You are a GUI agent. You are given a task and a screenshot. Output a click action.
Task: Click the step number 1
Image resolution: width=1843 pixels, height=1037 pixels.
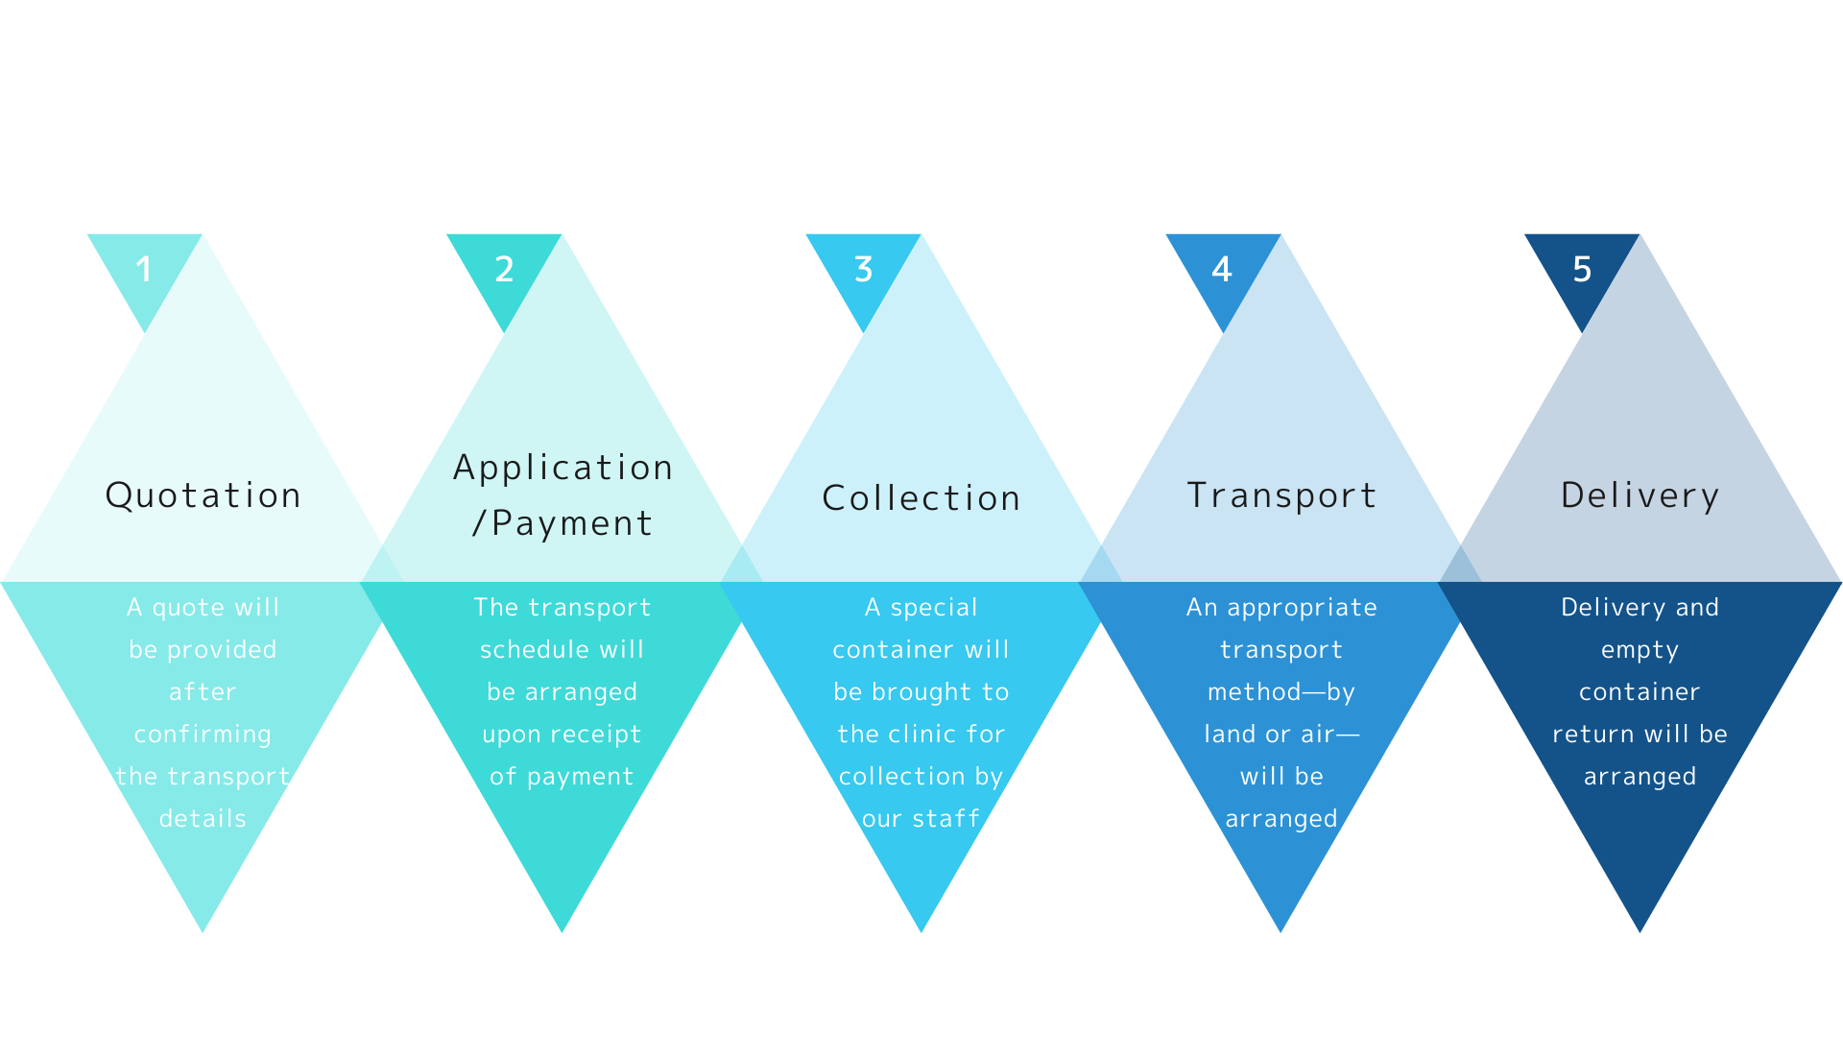pyautogui.click(x=144, y=269)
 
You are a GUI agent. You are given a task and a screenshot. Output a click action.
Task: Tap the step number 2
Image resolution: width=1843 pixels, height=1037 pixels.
pyautogui.click(x=504, y=269)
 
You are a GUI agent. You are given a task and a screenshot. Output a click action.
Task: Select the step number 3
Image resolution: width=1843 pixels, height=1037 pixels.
pyautogui.click(x=863, y=269)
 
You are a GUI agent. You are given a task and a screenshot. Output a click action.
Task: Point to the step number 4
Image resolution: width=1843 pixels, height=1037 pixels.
pyautogui.click(x=1222, y=269)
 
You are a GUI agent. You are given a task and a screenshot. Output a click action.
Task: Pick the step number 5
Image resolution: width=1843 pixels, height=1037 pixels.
pyautogui.click(x=1582, y=269)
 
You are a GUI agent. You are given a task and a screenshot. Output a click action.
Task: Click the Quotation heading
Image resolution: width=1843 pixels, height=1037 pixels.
pyautogui.click(x=203, y=495)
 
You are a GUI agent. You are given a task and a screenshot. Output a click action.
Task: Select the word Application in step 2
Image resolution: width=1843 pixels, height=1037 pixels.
pyautogui.click(x=562, y=469)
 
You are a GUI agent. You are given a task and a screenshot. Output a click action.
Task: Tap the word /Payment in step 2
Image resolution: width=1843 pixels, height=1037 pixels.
pyautogui.click(x=562, y=523)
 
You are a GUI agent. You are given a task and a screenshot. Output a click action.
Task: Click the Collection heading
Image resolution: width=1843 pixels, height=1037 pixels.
pyautogui.click(x=921, y=497)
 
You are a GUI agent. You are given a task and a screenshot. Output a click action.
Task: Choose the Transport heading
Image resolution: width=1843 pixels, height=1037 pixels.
pyautogui.click(x=1281, y=495)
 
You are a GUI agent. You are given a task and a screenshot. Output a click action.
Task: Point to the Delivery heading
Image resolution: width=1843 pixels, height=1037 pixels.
pyautogui.click(x=1640, y=495)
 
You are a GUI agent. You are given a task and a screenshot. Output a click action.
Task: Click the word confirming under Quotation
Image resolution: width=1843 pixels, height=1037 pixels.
pyautogui.click(x=203, y=735)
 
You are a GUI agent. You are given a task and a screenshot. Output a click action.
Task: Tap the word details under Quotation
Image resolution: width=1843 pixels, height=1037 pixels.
pyautogui.click(x=203, y=818)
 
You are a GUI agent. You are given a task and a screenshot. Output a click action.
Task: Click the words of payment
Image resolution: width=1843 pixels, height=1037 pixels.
pyautogui.click(x=562, y=777)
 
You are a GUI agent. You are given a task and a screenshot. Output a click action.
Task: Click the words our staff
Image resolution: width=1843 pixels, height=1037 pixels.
pyautogui.click(x=921, y=819)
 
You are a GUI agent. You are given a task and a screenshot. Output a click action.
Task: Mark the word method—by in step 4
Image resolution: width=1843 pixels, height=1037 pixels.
pyautogui.click(x=1281, y=692)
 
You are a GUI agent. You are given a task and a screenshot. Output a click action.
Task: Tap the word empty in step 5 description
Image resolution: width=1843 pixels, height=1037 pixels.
pyautogui.click(x=1640, y=651)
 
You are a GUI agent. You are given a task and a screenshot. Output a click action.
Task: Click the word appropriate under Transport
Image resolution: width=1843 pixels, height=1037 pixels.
pyautogui.click(x=1302, y=609)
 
